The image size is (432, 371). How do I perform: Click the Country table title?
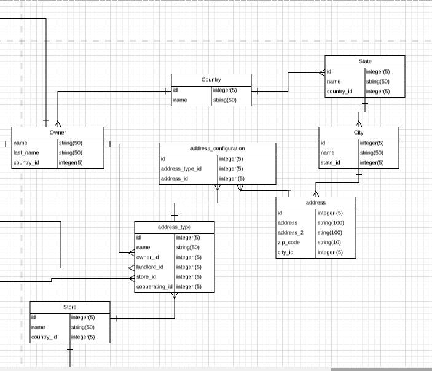[211, 80]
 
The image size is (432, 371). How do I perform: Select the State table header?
[365, 61]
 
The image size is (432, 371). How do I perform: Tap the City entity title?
[358, 133]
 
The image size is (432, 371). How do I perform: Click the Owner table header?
[58, 133]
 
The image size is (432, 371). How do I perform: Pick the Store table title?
[69, 307]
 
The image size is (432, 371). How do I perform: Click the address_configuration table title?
[218, 149]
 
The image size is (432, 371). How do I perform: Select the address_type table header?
[175, 227]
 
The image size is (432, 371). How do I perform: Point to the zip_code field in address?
[289, 243]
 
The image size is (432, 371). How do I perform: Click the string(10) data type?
[330, 243]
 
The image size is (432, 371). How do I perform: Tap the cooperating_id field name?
[154, 287]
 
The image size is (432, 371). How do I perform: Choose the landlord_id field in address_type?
[150, 267]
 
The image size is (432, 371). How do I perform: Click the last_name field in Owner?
[26, 152]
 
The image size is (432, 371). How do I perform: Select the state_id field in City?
[330, 163]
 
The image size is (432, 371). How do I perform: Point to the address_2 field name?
[291, 233]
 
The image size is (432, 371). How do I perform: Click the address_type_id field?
[181, 168]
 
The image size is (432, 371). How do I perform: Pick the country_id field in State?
[340, 92]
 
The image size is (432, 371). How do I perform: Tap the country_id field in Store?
[44, 337]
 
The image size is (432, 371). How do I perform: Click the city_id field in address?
[286, 252]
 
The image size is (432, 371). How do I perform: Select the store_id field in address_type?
[146, 277]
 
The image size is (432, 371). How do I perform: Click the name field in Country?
[180, 100]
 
